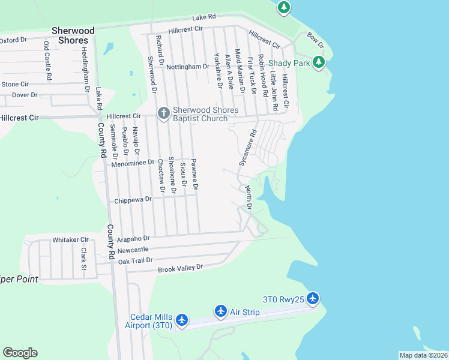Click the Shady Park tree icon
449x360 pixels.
[320, 62]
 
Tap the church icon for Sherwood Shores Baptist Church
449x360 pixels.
[163, 113]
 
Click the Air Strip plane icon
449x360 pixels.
[221, 311]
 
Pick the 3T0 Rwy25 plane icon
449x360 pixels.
[312, 298]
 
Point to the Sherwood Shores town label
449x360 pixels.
[73, 35]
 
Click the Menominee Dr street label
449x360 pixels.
[133, 163]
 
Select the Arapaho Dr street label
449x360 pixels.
[133, 238]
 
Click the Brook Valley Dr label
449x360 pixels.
[181, 269]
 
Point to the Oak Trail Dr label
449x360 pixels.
[136, 260]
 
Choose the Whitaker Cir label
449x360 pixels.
[70, 239]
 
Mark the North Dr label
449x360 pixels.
[249, 197]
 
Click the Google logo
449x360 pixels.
[20, 352]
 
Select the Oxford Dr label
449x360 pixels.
[14, 40]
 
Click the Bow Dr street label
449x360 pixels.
[315, 41]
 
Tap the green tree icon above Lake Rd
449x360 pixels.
[284, 8]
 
